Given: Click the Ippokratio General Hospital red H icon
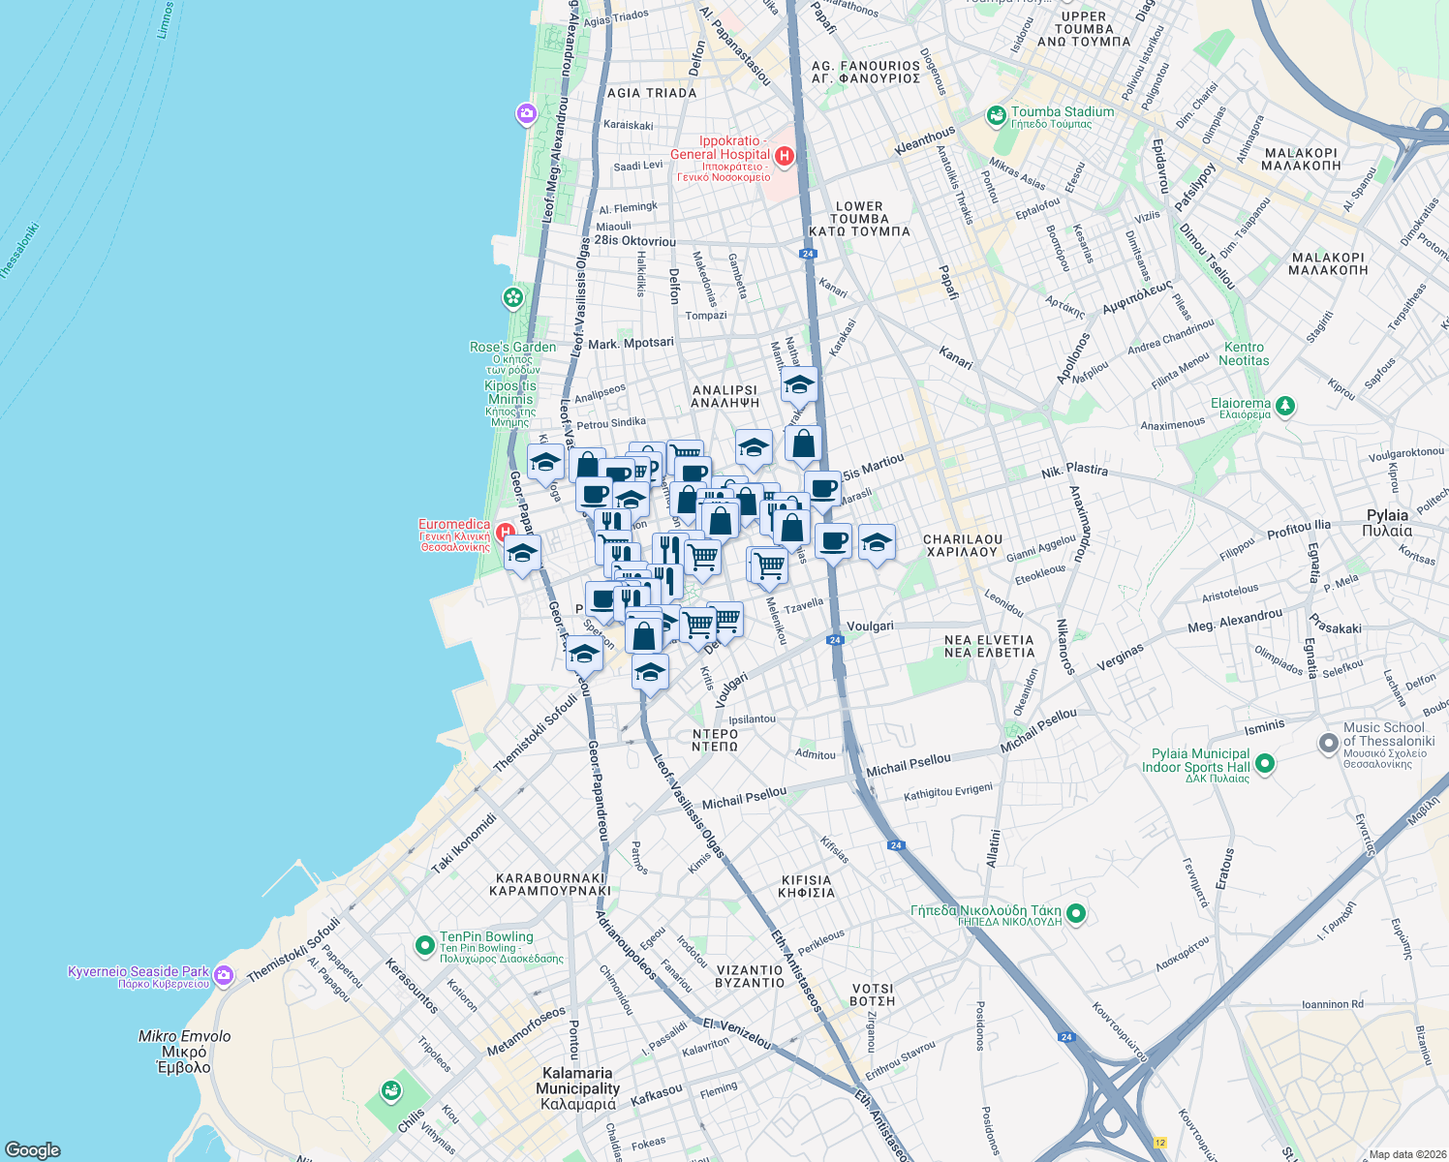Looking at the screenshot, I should pyautogui.click(x=785, y=155).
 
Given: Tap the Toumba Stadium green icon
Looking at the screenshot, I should pyautogui.click(x=996, y=116).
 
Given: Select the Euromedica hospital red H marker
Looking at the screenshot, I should pyautogui.click(x=504, y=532).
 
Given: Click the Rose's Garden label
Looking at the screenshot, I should pyautogui.click(x=512, y=347).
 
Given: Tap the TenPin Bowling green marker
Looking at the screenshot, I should pyautogui.click(x=424, y=944).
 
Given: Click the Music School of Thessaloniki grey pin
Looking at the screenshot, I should pyautogui.click(x=1328, y=744).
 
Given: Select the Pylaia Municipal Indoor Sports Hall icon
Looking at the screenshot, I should pyautogui.click(x=1264, y=763).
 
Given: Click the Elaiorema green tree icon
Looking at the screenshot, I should pyautogui.click(x=1285, y=406).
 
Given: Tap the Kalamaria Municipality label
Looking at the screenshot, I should pyautogui.click(x=577, y=1087).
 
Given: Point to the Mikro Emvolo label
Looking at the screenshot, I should pyautogui.click(x=184, y=1051).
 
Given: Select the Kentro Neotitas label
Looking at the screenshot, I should pyautogui.click(x=1244, y=353).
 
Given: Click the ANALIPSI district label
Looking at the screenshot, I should pyautogui.click(x=724, y=396).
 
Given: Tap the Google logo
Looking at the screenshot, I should pyautogui.click(x=33, y=1149).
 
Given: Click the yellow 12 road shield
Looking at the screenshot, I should pyautogui.click(x=1160, y=1143).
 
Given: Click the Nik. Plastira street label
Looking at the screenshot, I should pyautogui.click(x=1074, y=471).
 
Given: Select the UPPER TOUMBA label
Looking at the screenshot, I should pyautogui.click(x=1083, y=29).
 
